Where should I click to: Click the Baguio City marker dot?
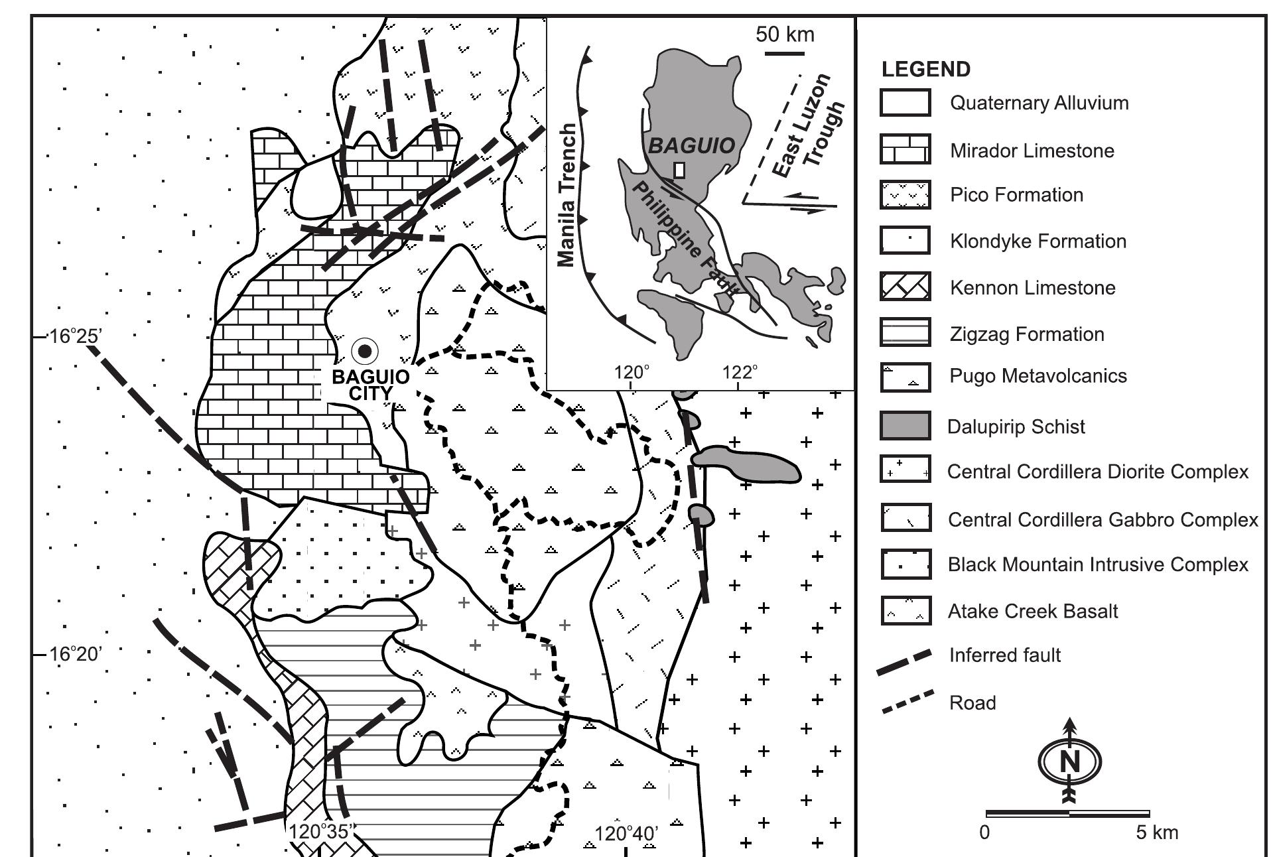tap(364, 351)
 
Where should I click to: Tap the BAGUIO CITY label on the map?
tap(370, 385)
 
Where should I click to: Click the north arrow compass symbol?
tap(1069, 760)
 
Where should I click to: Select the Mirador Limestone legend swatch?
tap(905, 149)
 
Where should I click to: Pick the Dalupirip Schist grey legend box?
tap(905, 425)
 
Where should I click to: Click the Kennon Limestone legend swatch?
tap(905, 287)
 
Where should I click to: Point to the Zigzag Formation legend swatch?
tap(905, 333)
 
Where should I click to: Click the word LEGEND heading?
tap(925, 70)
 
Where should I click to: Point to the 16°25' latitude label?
tap(75, 336)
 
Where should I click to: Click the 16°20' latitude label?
tap(75, 655)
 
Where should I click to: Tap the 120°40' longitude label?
tap(626, 834)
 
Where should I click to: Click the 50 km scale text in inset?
tap(785, 34)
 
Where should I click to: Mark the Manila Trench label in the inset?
tap(567, 196)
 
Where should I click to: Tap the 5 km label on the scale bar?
tap(1157, 832)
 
